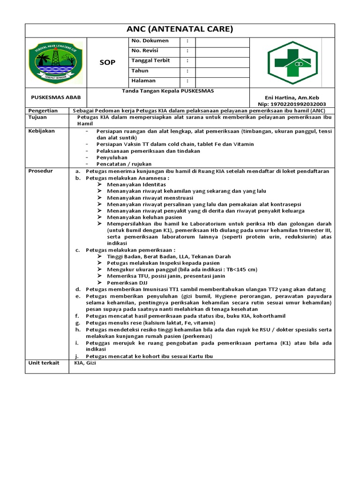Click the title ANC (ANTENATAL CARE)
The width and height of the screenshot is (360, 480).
[180, 30]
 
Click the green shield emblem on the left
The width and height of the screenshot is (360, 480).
[55, 62]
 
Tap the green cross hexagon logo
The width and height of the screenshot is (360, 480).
[292, 62]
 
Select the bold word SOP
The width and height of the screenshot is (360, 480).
[107, 62]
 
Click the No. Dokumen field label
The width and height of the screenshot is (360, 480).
[150, 41]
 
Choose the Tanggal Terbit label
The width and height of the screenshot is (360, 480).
[150, 60]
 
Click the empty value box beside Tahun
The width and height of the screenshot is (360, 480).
[222, 71]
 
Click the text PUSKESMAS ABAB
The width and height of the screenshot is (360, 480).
[55, 97]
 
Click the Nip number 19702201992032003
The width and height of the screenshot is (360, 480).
[292, 104]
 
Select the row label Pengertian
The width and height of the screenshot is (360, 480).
[43, 111]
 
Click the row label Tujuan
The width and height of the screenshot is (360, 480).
[37, 117]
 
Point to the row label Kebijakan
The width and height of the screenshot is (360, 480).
[42, 131]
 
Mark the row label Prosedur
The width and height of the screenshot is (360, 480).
[41, 171]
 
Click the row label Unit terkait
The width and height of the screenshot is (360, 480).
[44, 363]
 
